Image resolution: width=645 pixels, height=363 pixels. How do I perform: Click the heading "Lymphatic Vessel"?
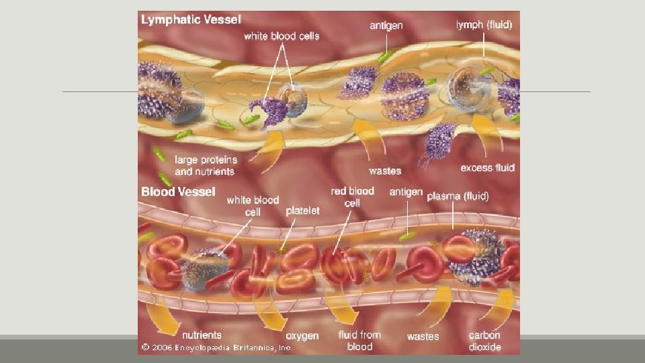click(x=190, y=20)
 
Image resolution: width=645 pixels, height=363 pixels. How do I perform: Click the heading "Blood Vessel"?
click(x=178, y=192)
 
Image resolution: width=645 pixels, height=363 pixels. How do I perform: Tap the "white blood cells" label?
click(x=282, y=36)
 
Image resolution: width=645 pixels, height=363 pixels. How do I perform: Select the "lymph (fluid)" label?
click(x=483, y=25)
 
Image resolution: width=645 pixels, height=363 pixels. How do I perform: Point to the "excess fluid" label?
click(x=487, y=167)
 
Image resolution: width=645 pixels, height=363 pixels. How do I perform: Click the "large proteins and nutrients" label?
click(x=204, y=165)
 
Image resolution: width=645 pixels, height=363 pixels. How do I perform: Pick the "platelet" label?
click(x=303, y=210)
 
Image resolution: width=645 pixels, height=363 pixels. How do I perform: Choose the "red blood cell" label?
click(x=352, y=197)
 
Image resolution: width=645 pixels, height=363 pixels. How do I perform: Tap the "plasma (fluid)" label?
click(x=458, y=196)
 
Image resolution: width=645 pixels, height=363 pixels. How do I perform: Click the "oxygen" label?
click(x=302, y=335)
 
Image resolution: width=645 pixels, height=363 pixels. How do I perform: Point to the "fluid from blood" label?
click(x=359, y=340)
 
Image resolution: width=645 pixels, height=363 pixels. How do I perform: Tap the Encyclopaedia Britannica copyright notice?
click(x=216, y=348)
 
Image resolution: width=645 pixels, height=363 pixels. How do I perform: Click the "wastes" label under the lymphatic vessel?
click(x=385, y=171)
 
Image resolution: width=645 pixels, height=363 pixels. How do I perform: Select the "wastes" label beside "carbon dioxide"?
click(x=423, y=335)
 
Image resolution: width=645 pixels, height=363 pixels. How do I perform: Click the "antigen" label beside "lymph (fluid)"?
click(x=387, y=25)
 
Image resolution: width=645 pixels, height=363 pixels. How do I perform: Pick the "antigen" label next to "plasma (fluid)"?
click(x=406, y=192)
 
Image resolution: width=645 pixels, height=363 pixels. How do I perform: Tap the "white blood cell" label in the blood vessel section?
click(x=253, y=206)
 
